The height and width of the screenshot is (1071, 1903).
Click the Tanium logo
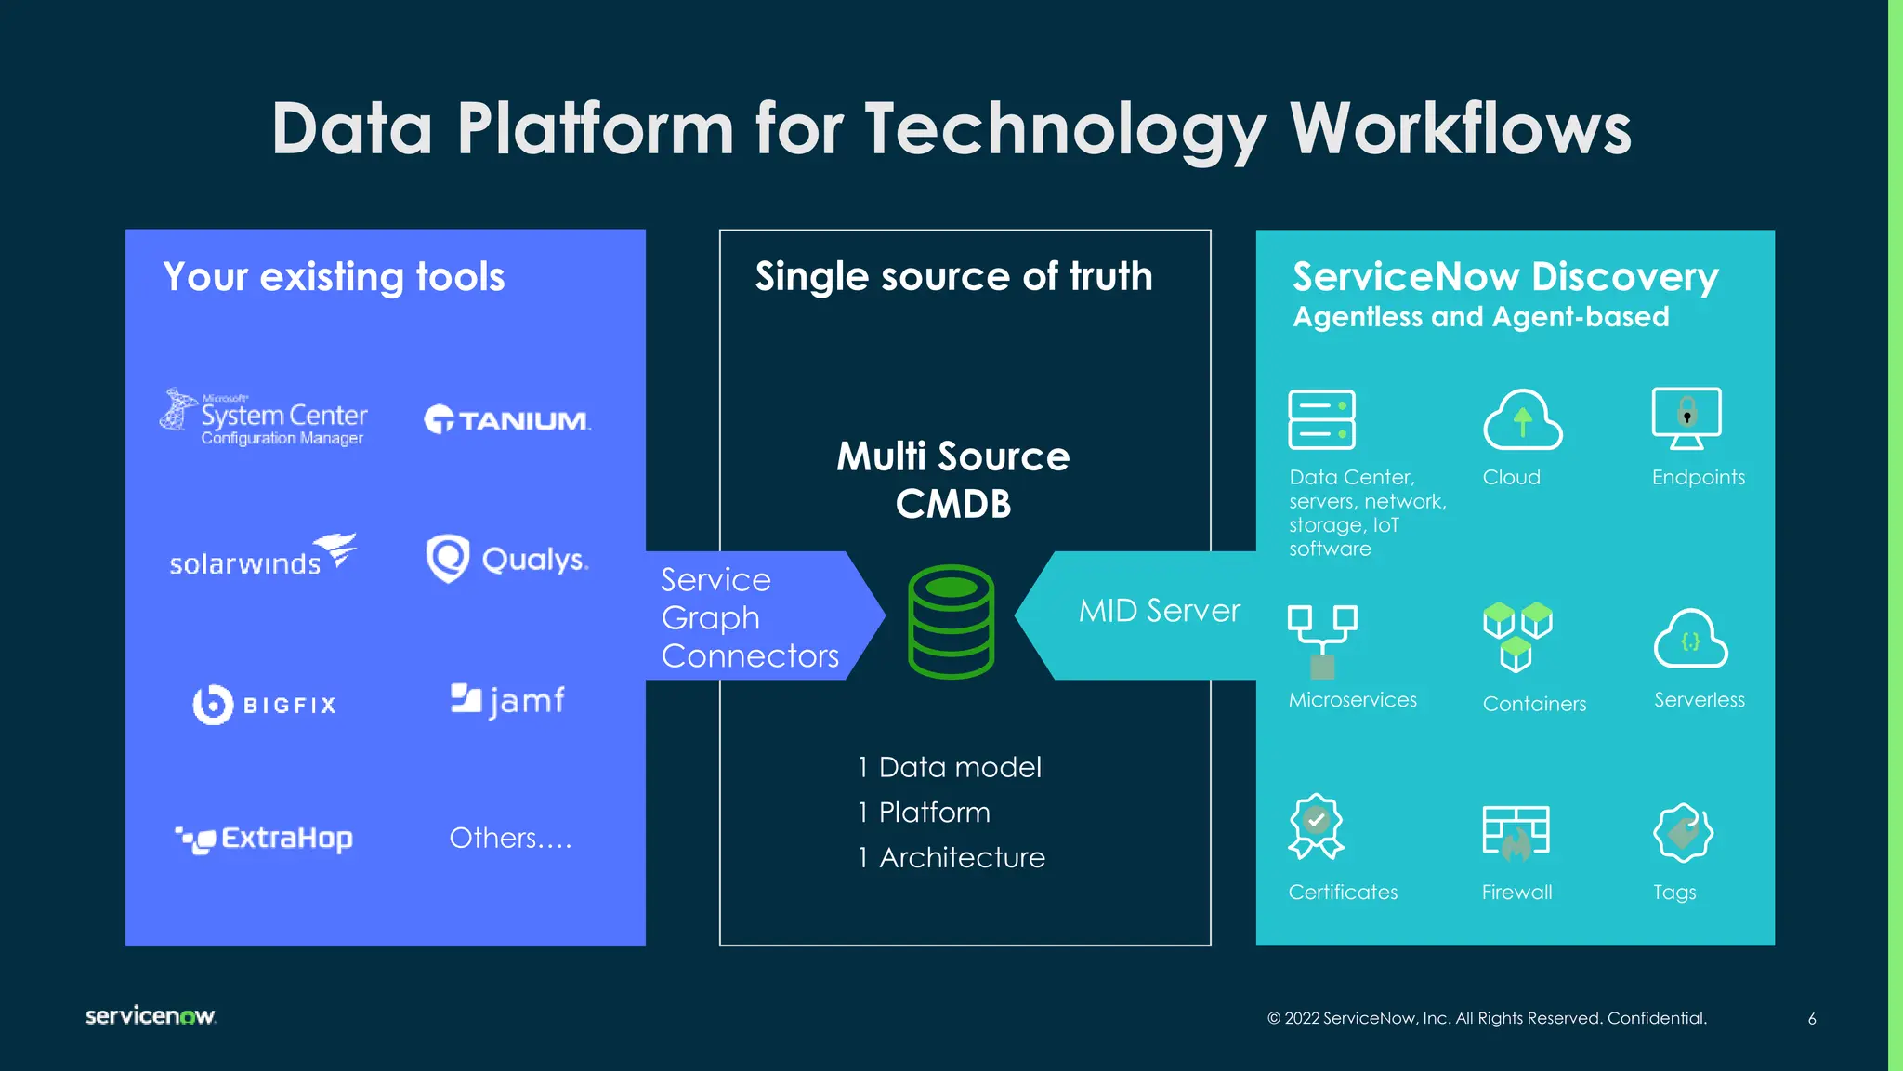pos(507,420)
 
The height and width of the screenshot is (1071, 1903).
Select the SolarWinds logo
pos(263,555)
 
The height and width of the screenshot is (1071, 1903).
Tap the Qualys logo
pos(507,559)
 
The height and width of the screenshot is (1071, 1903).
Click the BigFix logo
pos(264,705)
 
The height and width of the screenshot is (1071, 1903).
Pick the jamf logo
pos(507,700)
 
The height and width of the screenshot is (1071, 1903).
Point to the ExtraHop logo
pos(264,839)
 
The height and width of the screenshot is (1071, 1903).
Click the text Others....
pos(510,838)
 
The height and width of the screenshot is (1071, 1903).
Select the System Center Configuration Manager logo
pos(264,417)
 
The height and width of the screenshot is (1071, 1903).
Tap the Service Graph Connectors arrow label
pos(749,617)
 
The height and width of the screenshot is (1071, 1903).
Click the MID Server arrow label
pos(1159,611)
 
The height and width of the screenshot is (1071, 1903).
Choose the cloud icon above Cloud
pos(1522,420)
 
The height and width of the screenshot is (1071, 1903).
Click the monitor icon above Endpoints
pos(1686,417)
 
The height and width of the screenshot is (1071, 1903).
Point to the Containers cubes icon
pos(1517,636)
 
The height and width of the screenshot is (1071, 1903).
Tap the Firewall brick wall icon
pos(1516,830)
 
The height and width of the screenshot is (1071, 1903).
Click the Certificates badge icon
pos(1316,826)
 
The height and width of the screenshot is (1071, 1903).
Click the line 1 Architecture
pos(951,857)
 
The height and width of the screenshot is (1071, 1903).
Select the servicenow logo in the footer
pos(151,1015)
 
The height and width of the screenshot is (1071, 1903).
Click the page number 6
pos(1812,1019)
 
